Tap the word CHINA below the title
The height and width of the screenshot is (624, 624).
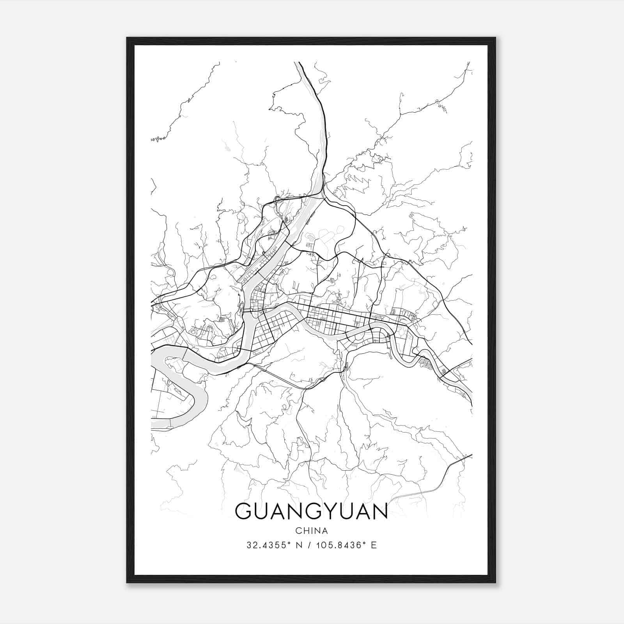tap(312, 531)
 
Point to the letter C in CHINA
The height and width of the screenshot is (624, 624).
tap(298, 531)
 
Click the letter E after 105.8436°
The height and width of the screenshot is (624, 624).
tap(374, 545)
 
